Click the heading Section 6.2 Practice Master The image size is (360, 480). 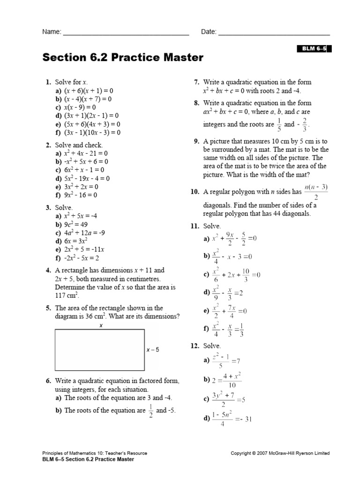(123, 58)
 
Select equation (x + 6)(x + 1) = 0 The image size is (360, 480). (89, 90)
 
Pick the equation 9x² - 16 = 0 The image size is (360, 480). (80, 195)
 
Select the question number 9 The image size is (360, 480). (196, 141)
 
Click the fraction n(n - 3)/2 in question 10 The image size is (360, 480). (316, 192)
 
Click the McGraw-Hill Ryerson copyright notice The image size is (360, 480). (280, 453)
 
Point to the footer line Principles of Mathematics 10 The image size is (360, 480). (94, 453)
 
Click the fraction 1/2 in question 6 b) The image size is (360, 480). (151, 411)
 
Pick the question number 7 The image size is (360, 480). (197, 82)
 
